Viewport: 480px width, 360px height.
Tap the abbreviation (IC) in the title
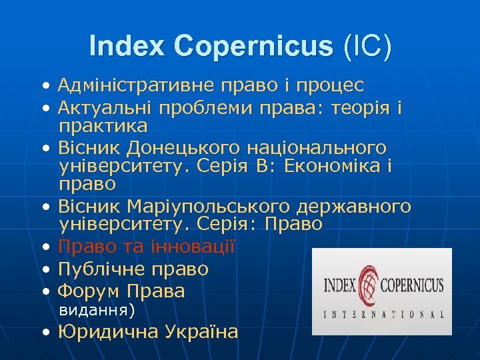[367, 47]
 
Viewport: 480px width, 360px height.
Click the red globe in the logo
[367, 283]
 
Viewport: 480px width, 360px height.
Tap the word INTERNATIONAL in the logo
[383, 314]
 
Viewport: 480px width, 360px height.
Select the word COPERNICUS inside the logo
[411, 286]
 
